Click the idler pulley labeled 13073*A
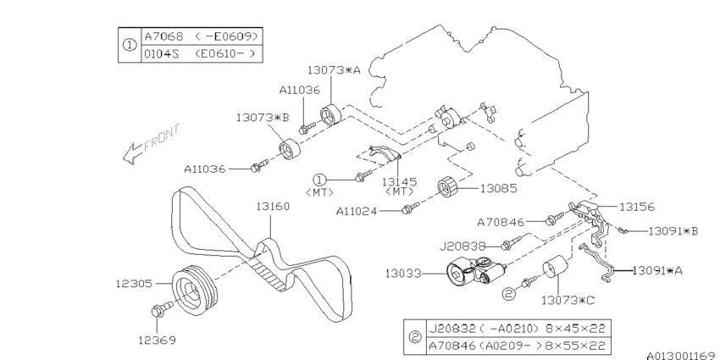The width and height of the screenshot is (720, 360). pyautogui.click(x=329, y=114)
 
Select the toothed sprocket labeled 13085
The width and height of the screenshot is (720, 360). pyautogui.click(x=447, y=188)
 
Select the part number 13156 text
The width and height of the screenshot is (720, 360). pyautogui.click(x=638, y=206)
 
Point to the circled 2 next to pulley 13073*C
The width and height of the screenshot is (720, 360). pyautogui.click(x=509, y=293)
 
